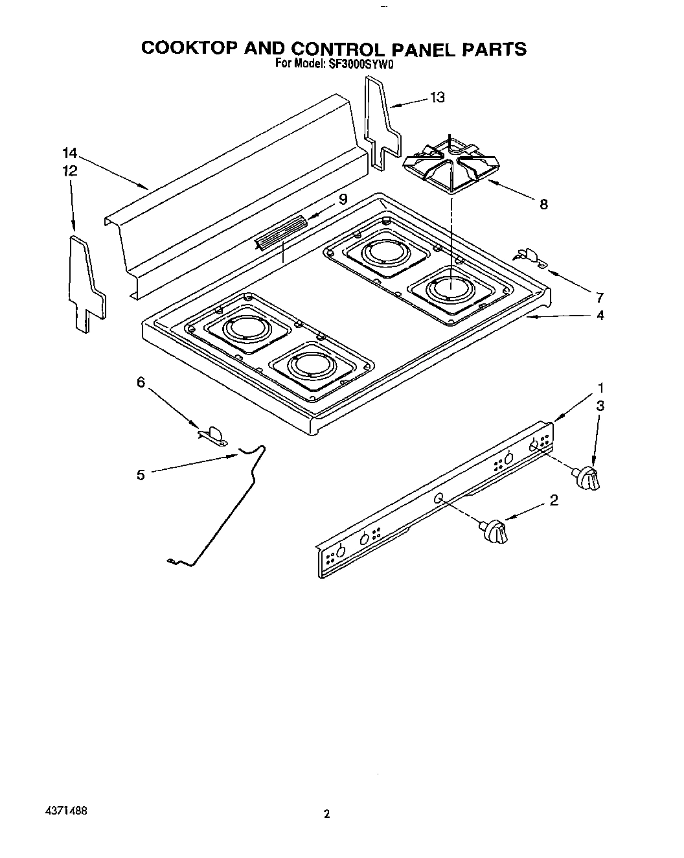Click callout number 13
[438, 97]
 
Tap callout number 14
[70, 154]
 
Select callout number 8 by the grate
[543, 204]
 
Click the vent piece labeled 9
[280, 233]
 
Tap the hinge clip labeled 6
[212, 435]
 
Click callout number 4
[600, 316]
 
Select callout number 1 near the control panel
[600, 388]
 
